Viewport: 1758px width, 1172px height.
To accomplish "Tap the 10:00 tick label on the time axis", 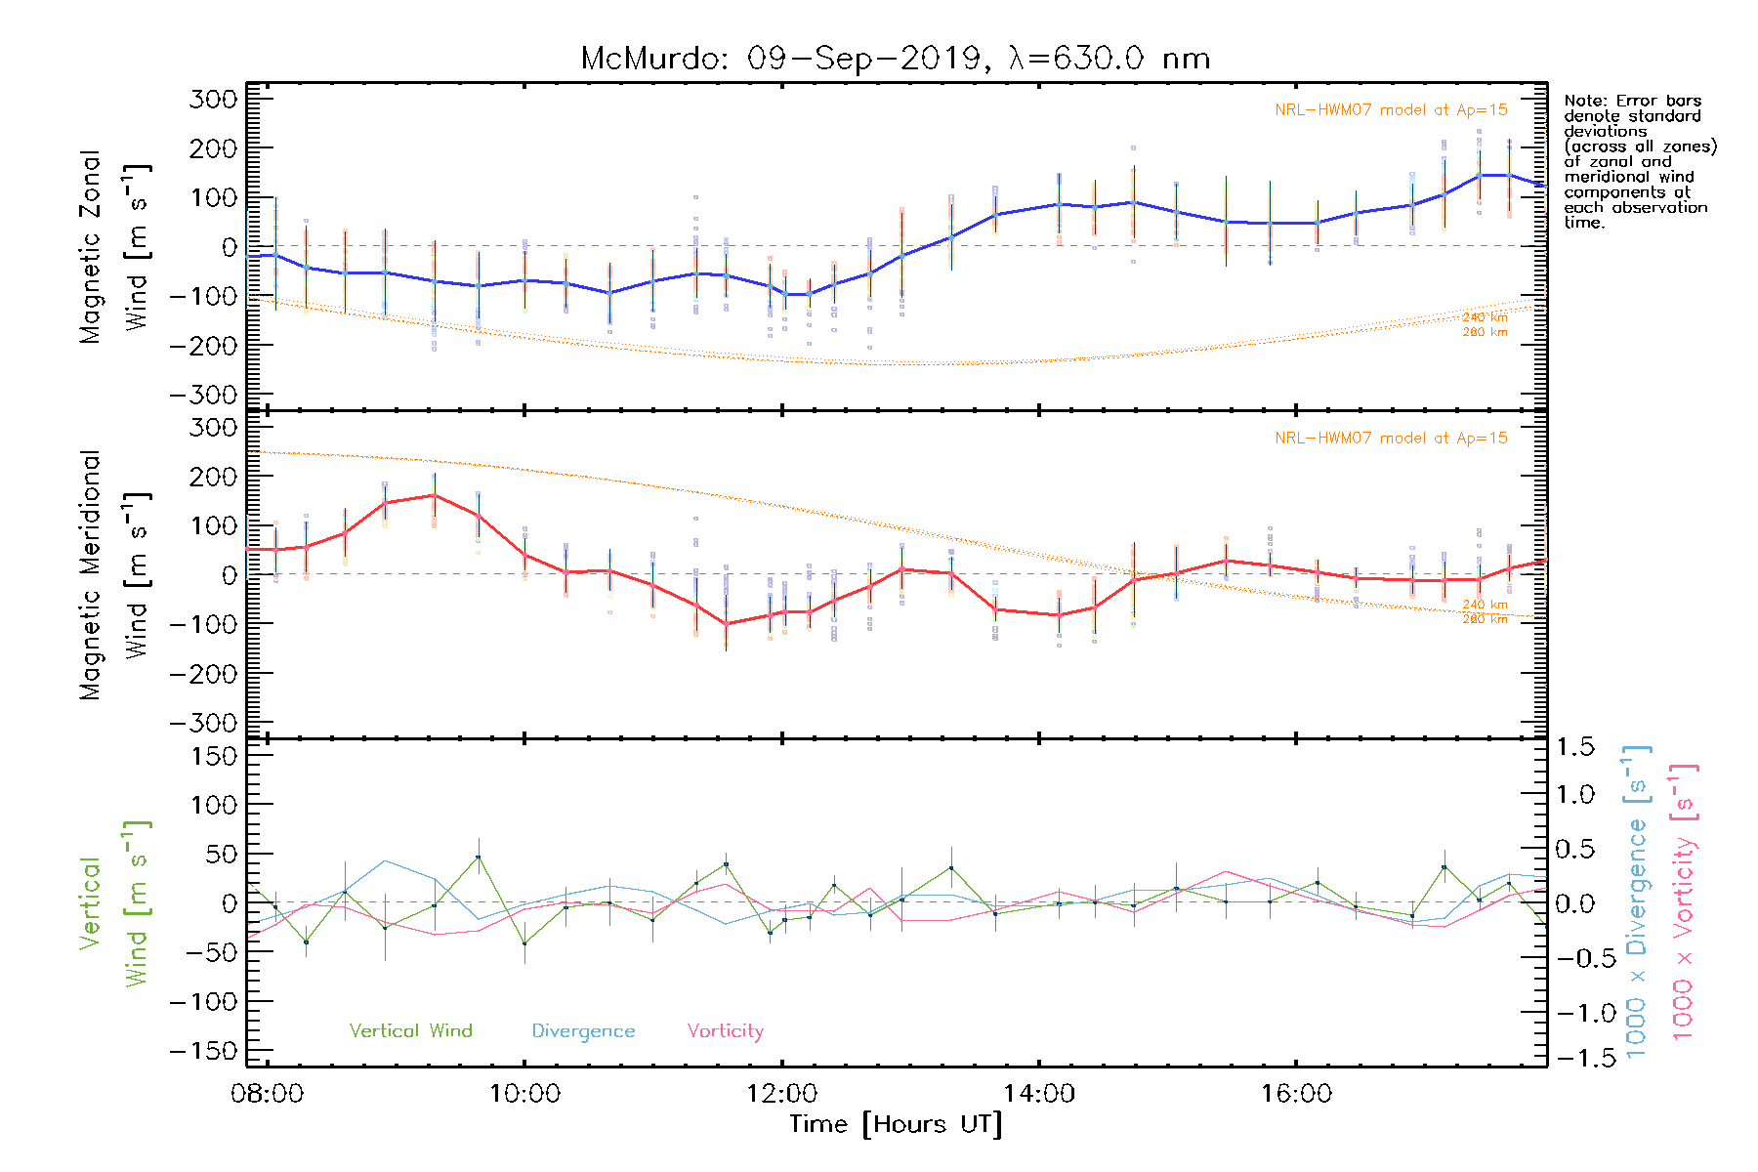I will click(524, 1094).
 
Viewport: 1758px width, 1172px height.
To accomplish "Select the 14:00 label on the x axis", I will click(1038, 1094).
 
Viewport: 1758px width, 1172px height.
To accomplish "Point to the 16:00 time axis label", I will click(1295, 1094).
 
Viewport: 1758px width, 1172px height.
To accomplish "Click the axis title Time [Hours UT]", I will click(896, 1125).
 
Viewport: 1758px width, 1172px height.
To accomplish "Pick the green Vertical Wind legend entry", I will click(410, 1031).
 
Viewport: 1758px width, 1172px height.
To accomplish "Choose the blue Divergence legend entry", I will click(583, 1031).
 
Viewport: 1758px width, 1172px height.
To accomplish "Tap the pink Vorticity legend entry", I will click(725, 1031).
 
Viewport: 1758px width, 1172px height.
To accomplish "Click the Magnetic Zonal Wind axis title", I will click(113, 246).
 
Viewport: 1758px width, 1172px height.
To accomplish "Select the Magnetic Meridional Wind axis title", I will click(113, 574).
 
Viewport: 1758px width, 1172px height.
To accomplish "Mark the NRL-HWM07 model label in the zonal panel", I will click(1391, 110).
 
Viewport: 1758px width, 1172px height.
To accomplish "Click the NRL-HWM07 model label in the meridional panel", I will click(1391, 439).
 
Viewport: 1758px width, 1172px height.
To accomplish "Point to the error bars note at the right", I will click(1639, 161).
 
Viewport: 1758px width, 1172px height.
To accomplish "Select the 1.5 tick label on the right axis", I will click(1574, 747).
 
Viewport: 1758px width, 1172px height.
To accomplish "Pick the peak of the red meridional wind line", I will click(434, 495).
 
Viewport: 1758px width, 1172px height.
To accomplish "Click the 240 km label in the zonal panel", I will click(1485, 317).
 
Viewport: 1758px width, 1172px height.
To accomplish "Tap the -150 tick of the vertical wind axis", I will click(203, 1052).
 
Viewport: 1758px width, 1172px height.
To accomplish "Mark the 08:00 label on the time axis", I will click(267, 1094).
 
